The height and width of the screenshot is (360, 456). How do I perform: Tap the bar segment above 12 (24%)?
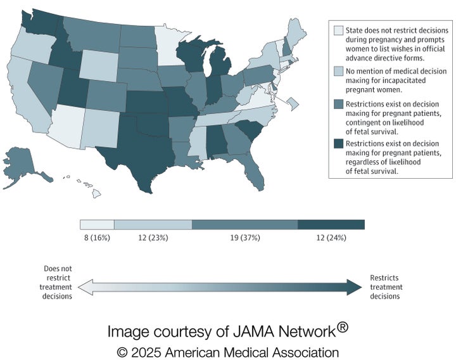click(x=331, y=224)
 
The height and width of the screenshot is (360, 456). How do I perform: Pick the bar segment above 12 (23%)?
click(x=153, y=224)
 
